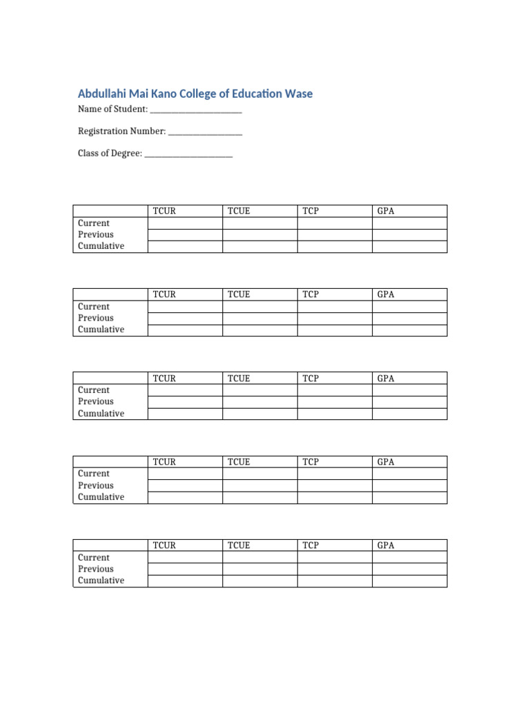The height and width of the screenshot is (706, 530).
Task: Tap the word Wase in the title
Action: pos(298,93)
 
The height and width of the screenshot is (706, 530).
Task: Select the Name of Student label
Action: pos(112,109)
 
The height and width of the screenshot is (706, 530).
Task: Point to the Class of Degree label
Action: pos(110,154)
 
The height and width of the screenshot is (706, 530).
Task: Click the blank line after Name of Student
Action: pos(196,110)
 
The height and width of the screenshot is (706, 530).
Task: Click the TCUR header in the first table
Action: pos(164,211)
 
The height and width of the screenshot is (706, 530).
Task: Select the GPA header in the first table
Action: pos(386,211)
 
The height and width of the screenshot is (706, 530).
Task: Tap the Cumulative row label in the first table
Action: pos(101,246)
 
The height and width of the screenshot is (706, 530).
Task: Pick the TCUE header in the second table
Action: pos(239,294)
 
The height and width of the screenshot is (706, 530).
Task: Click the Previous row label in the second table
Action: pos(96,318)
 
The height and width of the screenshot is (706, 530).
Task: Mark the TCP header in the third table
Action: pos(311,379)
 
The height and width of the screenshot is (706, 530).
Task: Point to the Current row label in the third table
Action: pos(94,390)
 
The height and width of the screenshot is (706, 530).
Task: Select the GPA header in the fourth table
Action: pos(386,462)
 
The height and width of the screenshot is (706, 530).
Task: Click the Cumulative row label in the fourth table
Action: pos(101,497)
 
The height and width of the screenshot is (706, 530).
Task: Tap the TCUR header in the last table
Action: pos(164,545)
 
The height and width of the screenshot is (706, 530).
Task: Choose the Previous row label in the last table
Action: pos(96,569)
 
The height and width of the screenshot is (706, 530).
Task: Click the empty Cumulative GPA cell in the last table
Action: pos(409,581)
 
